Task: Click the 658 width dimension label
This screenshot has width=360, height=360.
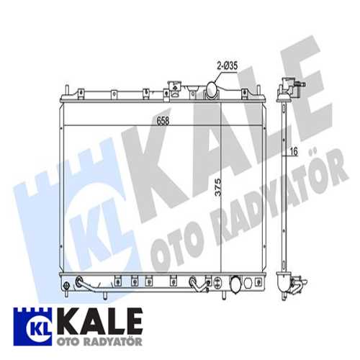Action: coord(163,121)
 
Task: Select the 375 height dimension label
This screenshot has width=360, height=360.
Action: coord(218,187)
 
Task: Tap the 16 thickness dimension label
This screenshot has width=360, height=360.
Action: coord(294,151)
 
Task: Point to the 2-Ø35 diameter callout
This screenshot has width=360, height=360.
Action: coord(227,66)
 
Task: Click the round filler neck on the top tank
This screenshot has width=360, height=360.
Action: coord(212,90)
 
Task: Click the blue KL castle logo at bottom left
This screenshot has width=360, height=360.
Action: coord(32,327)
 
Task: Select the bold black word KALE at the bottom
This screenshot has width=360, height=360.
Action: coord(99,322)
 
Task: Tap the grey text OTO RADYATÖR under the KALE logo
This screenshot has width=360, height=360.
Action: coord(99,341)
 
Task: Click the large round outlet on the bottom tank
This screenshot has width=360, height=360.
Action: coord(235,284)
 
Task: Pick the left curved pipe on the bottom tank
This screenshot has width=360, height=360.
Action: coord(85,284)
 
